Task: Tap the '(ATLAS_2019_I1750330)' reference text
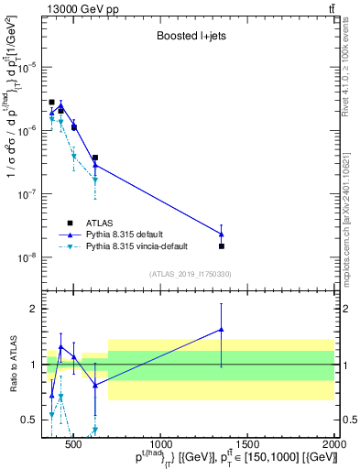point(190,274)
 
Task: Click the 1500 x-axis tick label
point(247,432)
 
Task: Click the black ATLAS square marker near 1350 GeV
point(221,245)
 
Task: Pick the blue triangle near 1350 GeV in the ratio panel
point(221,330)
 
